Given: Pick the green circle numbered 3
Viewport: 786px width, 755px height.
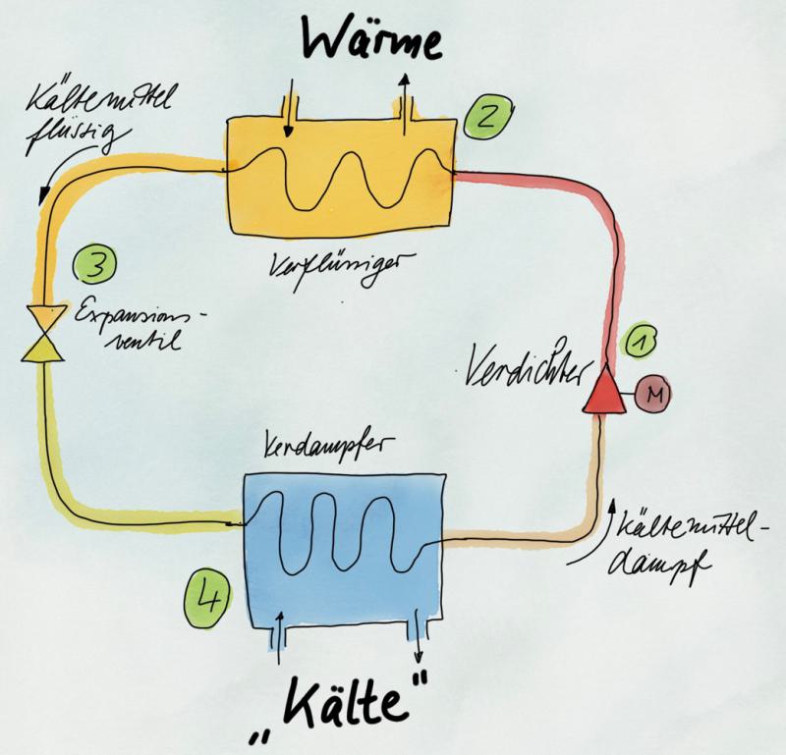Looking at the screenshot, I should [96, 264].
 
